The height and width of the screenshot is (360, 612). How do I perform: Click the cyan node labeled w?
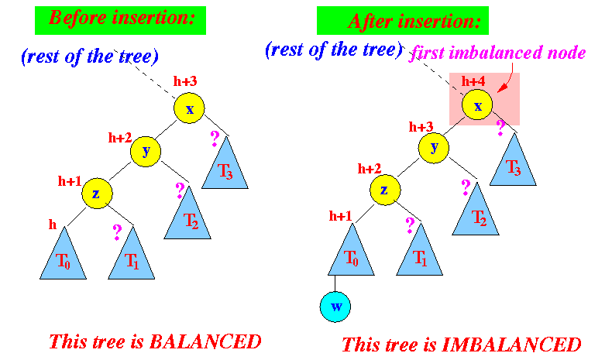point(335,307)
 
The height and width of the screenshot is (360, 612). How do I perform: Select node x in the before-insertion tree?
point(189,108)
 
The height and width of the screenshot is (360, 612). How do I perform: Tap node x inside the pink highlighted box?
point(477,105)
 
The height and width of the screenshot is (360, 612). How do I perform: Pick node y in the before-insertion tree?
point(146,151)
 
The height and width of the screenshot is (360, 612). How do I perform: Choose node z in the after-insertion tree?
point(385,190)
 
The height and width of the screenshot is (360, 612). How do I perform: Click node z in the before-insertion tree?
point(97,194)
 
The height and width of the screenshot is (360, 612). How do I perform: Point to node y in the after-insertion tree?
point(434,148)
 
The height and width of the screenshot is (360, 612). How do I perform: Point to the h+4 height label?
point(473,81)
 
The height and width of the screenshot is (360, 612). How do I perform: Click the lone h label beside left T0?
point(53,225)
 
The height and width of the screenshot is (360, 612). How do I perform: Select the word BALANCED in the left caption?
point(205,342)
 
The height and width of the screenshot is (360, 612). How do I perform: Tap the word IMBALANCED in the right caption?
point(512,345)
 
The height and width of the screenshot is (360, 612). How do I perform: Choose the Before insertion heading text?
point(122,18)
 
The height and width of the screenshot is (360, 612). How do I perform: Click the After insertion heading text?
point(414,22)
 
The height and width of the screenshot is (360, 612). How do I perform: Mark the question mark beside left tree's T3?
point(215,139)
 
